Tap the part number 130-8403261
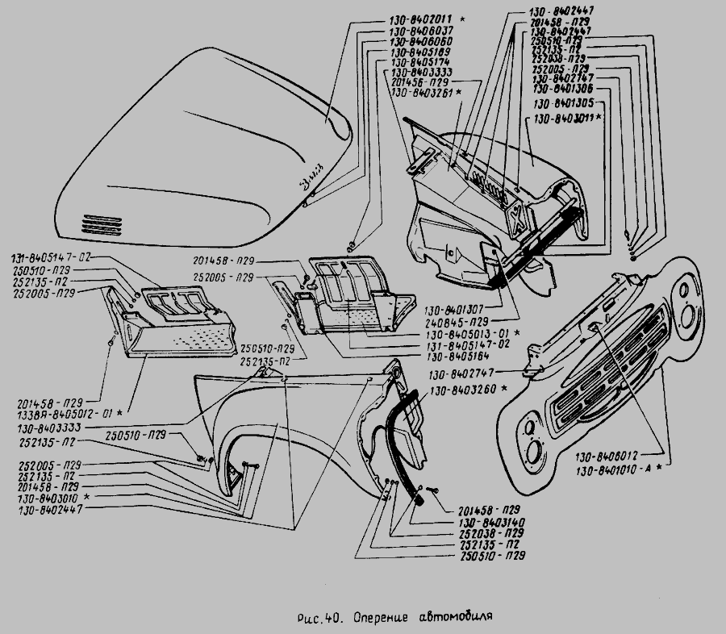pos(419,94)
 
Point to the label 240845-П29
pos(463,320)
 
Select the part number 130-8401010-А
pos(615,468)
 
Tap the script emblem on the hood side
pos(309,179)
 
